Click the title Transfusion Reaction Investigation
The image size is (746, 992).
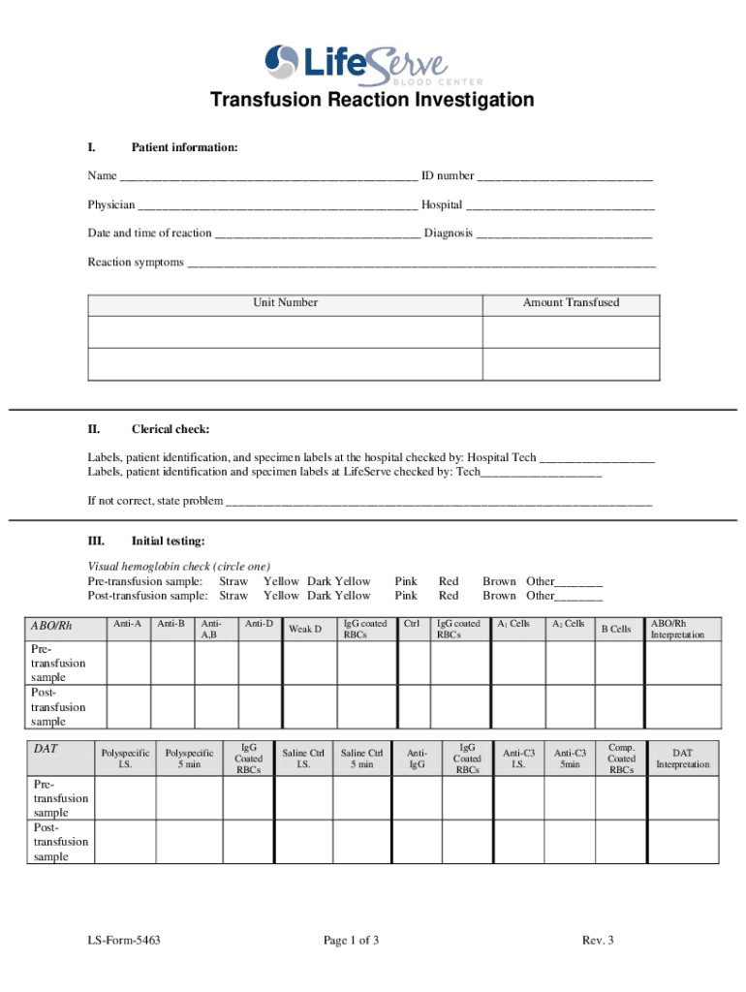(372, 101)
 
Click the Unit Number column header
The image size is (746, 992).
(286, 303)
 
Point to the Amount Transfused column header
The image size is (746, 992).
(571, 303)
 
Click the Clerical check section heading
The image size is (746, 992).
(170, 429)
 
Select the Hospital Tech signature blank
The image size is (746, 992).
(597, 458)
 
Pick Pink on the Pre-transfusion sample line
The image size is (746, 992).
(406, 582)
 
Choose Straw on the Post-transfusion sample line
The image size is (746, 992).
(233, 597)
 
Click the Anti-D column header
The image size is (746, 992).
(259, 624)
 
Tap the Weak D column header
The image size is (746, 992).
(305, 631)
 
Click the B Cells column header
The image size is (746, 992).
(614, 630)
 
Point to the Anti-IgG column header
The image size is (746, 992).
(417, 759)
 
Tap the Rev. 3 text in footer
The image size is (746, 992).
(598, 941)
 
